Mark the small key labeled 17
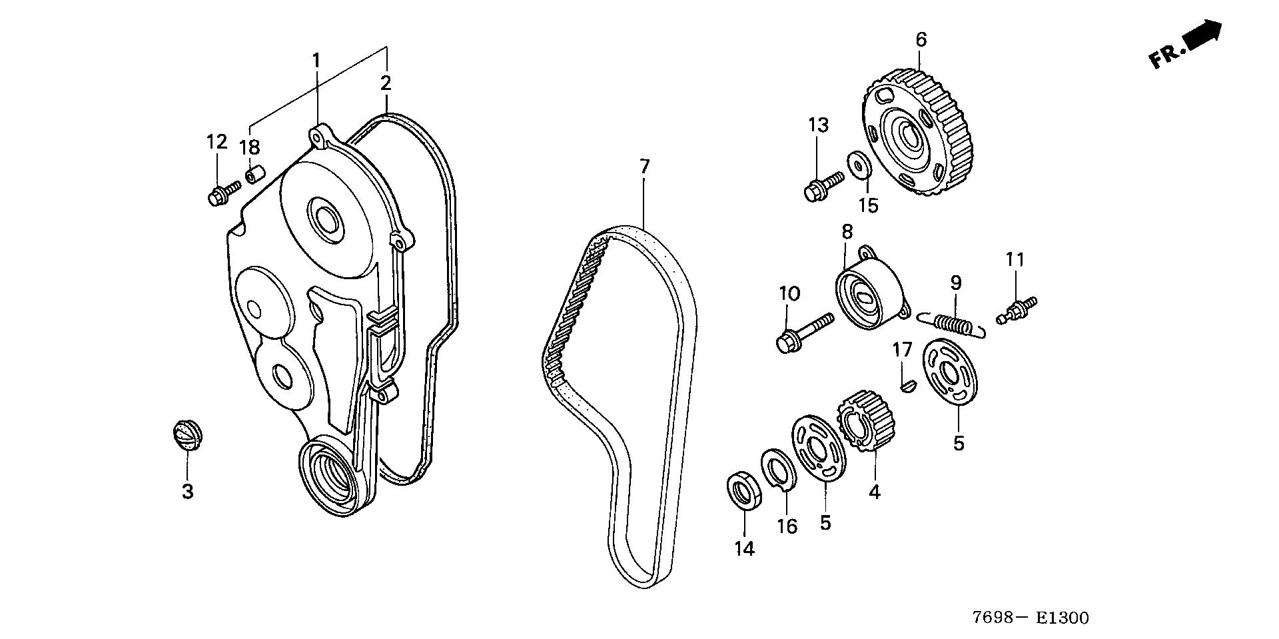905,384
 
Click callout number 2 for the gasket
386,84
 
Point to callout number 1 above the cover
316,61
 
